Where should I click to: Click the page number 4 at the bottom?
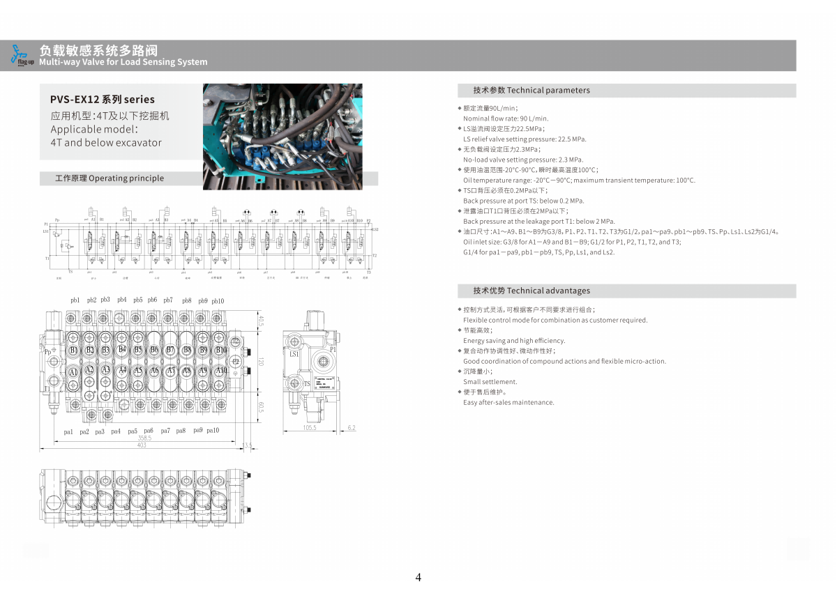(418, 577)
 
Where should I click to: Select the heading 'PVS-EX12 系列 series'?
(103, 100)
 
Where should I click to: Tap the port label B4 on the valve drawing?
(122, 349)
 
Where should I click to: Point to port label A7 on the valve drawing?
(170, 371)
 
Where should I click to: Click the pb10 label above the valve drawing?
(218, 301)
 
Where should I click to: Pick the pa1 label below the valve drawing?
(68, 432)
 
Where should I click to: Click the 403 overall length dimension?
(142, 445)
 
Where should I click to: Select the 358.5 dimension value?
(144, 438)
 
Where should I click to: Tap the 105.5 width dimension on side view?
(310, 428)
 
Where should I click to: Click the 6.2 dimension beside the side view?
(351, 428)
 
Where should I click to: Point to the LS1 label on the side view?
(294, 354)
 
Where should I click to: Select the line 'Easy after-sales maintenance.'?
(508, 402)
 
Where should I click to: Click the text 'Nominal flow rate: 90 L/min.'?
(506, 118)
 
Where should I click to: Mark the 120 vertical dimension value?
(261, 362)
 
